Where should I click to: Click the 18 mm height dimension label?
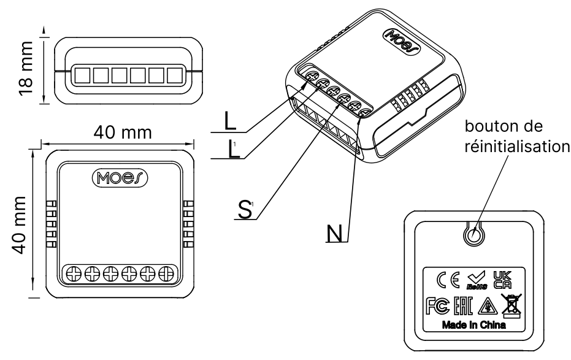[26, 67]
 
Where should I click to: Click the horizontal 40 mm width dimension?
[120, 132]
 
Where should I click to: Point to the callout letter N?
[334, 232]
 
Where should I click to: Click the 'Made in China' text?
[473, 326]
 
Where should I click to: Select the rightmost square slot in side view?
[176, 76]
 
